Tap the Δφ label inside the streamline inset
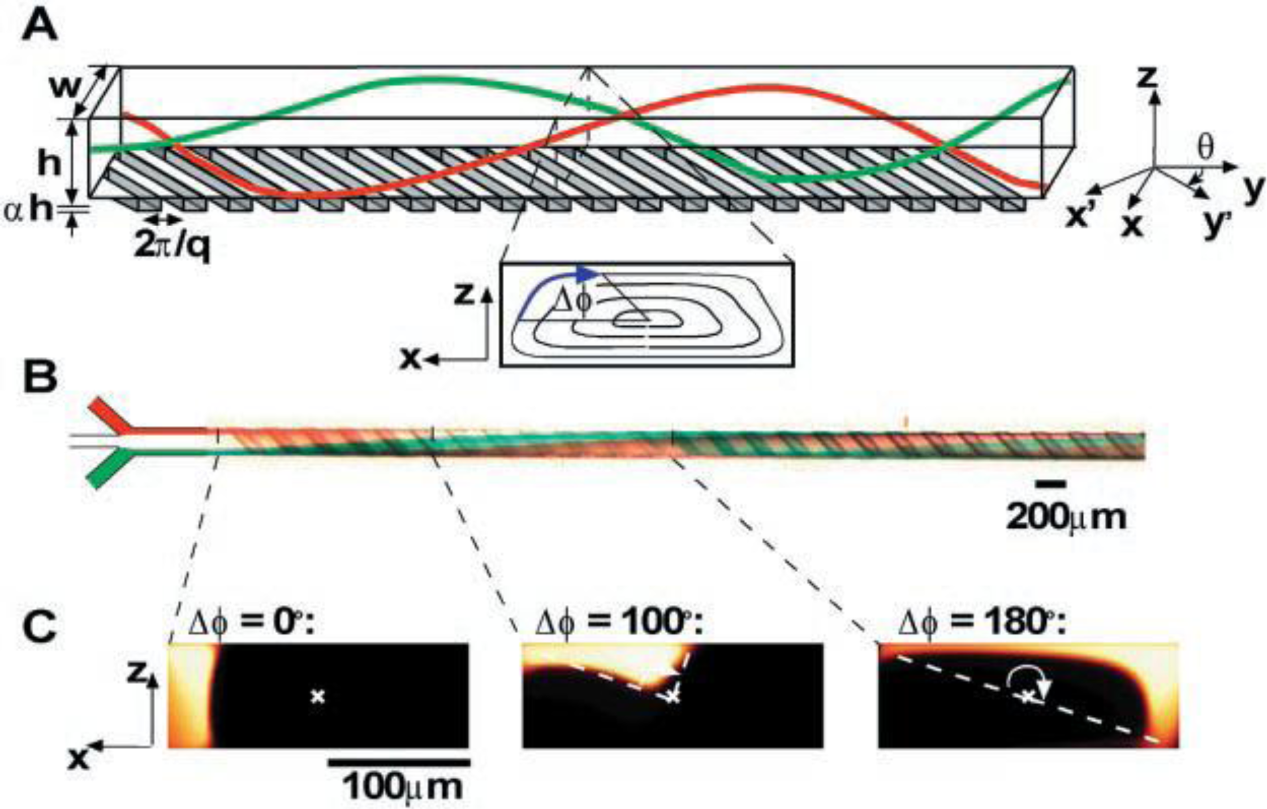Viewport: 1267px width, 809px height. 571,300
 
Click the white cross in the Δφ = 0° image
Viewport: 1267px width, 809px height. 318,696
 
